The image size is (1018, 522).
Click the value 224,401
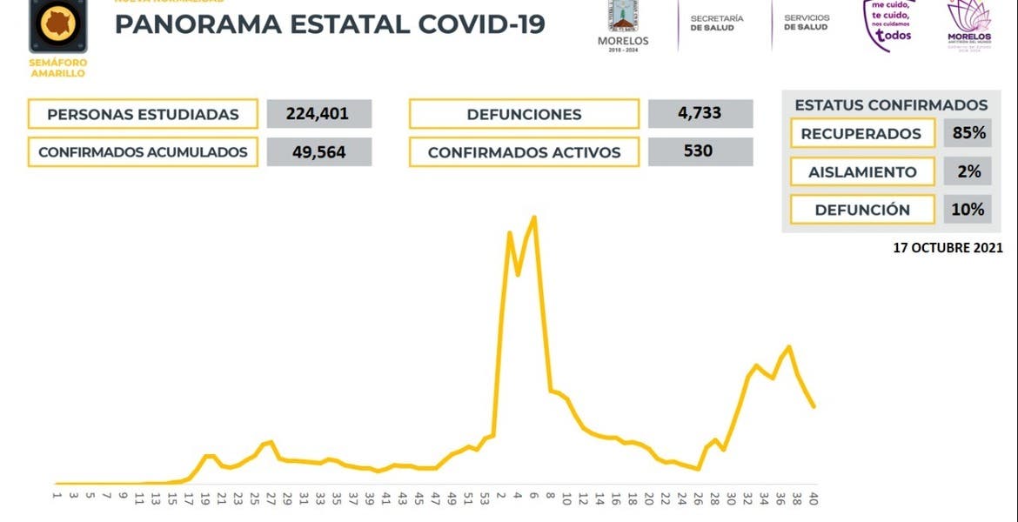click(318, 114)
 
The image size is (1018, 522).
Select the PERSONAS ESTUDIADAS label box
click(143, 114)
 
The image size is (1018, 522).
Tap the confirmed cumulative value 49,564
click(318, 152)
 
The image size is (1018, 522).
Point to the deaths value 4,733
click(700, 114)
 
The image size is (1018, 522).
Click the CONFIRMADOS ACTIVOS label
click(524, 152)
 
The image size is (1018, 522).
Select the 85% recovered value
click(968, 133)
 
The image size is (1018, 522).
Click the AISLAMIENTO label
click(862, 171)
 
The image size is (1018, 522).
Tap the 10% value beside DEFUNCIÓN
click(968, 210)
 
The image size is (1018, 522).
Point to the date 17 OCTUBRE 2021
click(948, 248)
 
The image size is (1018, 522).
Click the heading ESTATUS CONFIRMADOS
click(891, 105)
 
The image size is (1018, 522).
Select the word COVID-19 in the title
click(481, 23)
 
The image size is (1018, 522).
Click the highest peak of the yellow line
click(534, 217)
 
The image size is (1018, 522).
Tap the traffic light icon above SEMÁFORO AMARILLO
click(57, 25)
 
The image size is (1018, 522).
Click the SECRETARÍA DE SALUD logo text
click(717, 23)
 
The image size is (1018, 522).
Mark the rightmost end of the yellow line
click(814, 406)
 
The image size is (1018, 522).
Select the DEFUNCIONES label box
click(524, 114)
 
